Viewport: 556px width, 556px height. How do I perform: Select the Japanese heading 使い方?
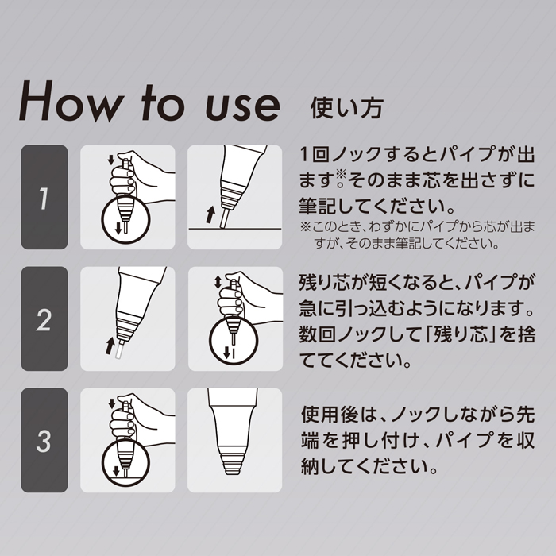[x=346, y=108]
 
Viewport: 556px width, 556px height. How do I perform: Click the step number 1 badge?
[x=44, y=197]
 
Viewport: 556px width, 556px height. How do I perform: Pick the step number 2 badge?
[x=44, y=319]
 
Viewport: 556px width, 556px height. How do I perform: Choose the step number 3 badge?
[x=44, y=440]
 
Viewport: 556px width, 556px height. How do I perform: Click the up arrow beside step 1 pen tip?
[x=210, y=214]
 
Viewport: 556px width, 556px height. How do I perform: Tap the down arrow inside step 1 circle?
[x=118, y=229]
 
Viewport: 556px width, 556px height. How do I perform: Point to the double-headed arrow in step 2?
[x=218, y=282]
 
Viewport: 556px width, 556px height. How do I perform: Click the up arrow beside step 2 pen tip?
[x=110, y=346]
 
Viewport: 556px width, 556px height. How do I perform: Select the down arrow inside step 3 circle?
[x=116, y=471]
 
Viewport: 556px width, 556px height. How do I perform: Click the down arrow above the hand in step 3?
[x=112, y=403]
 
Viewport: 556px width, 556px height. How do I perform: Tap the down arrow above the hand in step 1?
[x=111, y=160]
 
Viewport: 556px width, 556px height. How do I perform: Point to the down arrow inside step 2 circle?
[x=226, y=352]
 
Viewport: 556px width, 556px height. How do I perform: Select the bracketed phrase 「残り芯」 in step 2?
[x=460, y=334]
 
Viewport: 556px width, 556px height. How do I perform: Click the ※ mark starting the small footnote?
[x=305, y=226]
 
